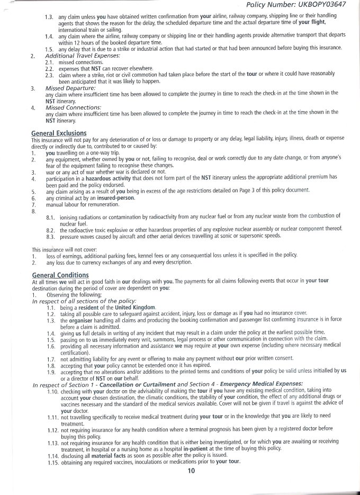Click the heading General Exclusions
(59, 132)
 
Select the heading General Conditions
(60, 275)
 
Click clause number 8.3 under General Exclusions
(51, 235)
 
